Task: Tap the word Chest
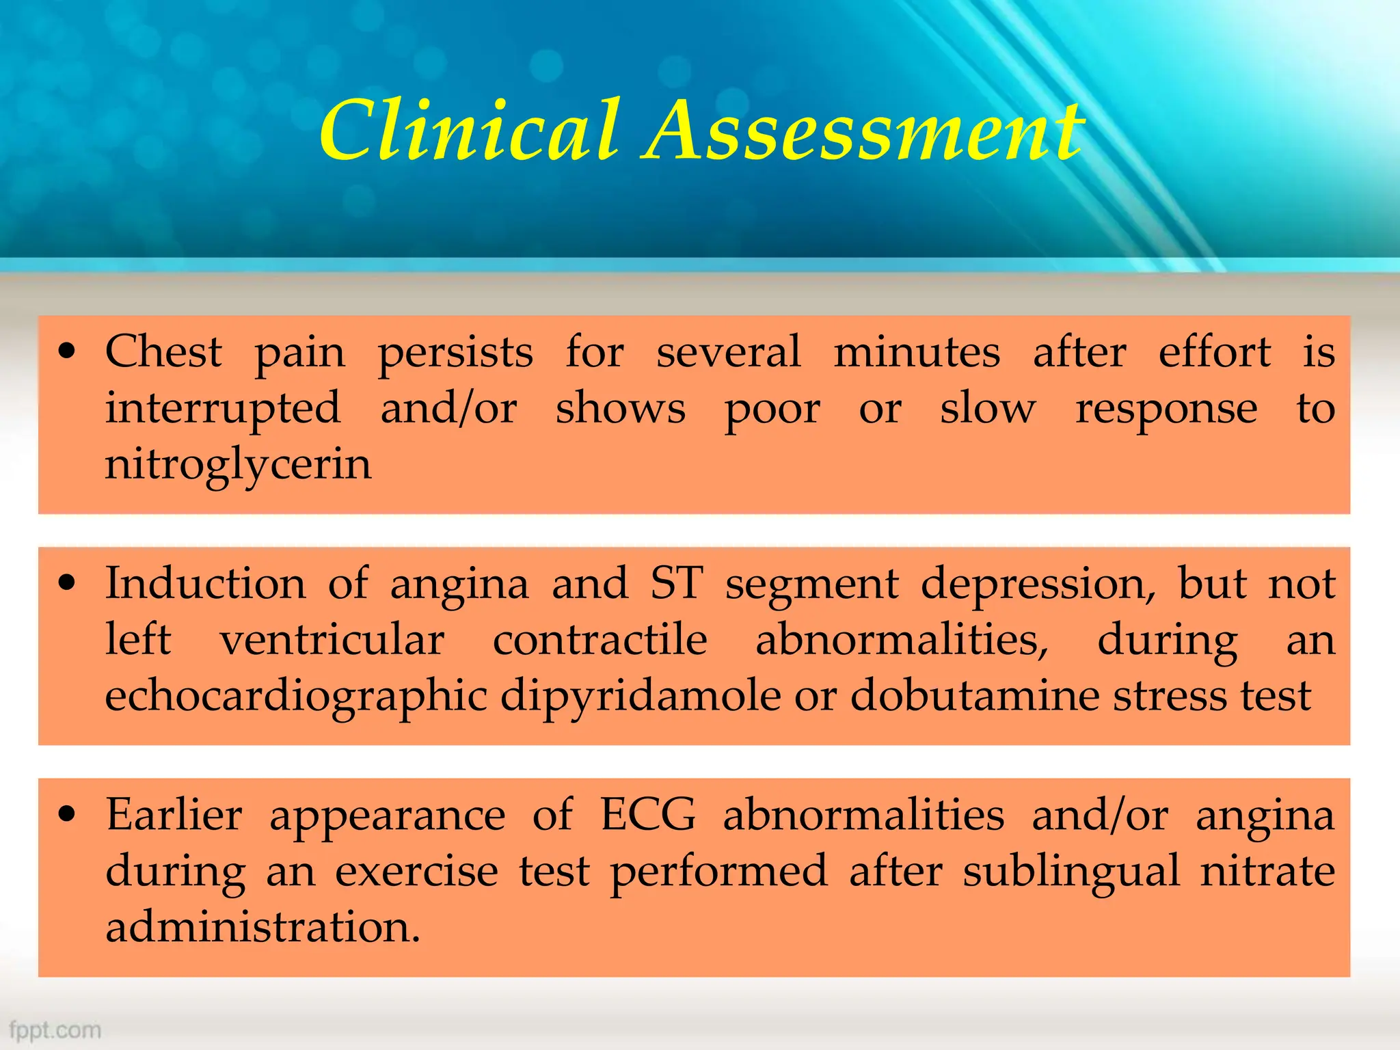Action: pyautogui.click(x=163, y=352)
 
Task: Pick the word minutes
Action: pyautogui.click(x=917, y=352)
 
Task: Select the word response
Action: pyautogui.click(x=1166, y=409)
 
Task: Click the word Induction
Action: pyautogui.click(x=206, y=584)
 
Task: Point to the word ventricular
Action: pyautogui.click(x=332, y=641)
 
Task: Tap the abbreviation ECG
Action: pyautogui.click(x=648, y=815)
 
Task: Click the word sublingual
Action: pyautogui.click(x=1071, y=871)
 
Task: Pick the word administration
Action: pyautogui.click(x=262, y=928)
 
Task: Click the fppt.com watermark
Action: pyautogui.click(x=55, y=1029)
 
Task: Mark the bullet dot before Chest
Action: pyautogui.click(x=66, y=353)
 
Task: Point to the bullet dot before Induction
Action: pyautogui.click(x=66, y=584)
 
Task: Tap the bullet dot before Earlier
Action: pyautogui.click(x=66, y=815)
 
